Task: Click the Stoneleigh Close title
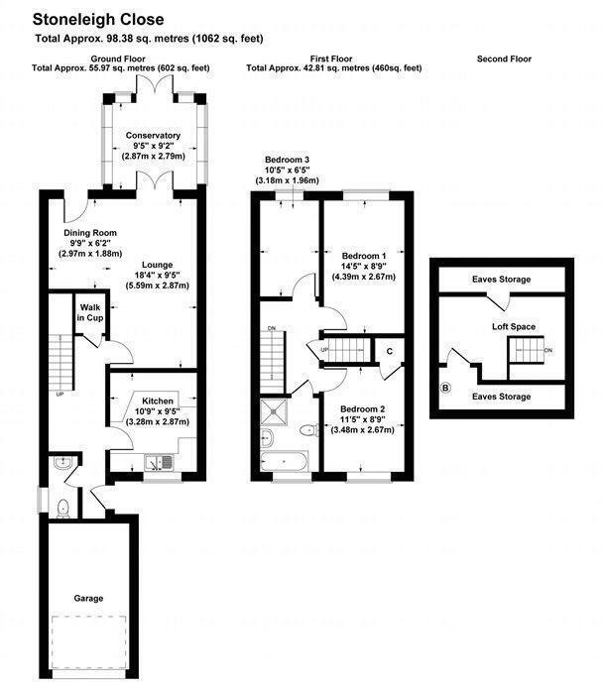[x=97, y=19]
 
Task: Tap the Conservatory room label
[x=153, y=135]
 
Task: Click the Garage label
[x=87, y=598]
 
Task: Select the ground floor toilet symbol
[x=62, y=508]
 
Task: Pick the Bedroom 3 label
[x=287, y=161]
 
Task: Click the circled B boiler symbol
[x=444, y=388]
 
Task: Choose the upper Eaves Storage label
[x=501, y=280]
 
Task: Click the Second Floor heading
[x=504, y=59]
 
